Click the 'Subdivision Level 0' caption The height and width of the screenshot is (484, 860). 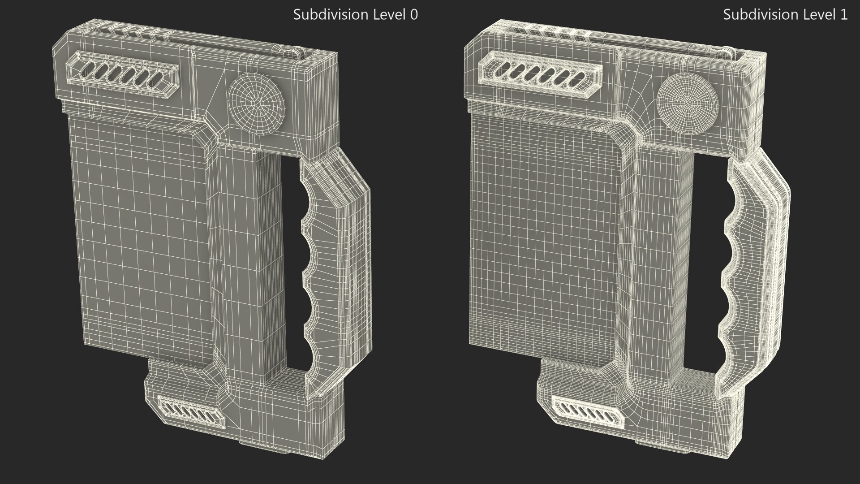click(355, 15)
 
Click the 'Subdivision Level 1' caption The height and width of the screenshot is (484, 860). click(785, 15)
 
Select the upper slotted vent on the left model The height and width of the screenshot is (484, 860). click(123, 73)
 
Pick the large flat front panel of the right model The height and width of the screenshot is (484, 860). click(544, 238)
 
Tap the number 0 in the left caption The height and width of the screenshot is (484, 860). click(414, 15)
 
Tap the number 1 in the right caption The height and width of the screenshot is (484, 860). click(844, 15)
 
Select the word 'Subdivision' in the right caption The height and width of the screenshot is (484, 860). click(754, 15)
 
